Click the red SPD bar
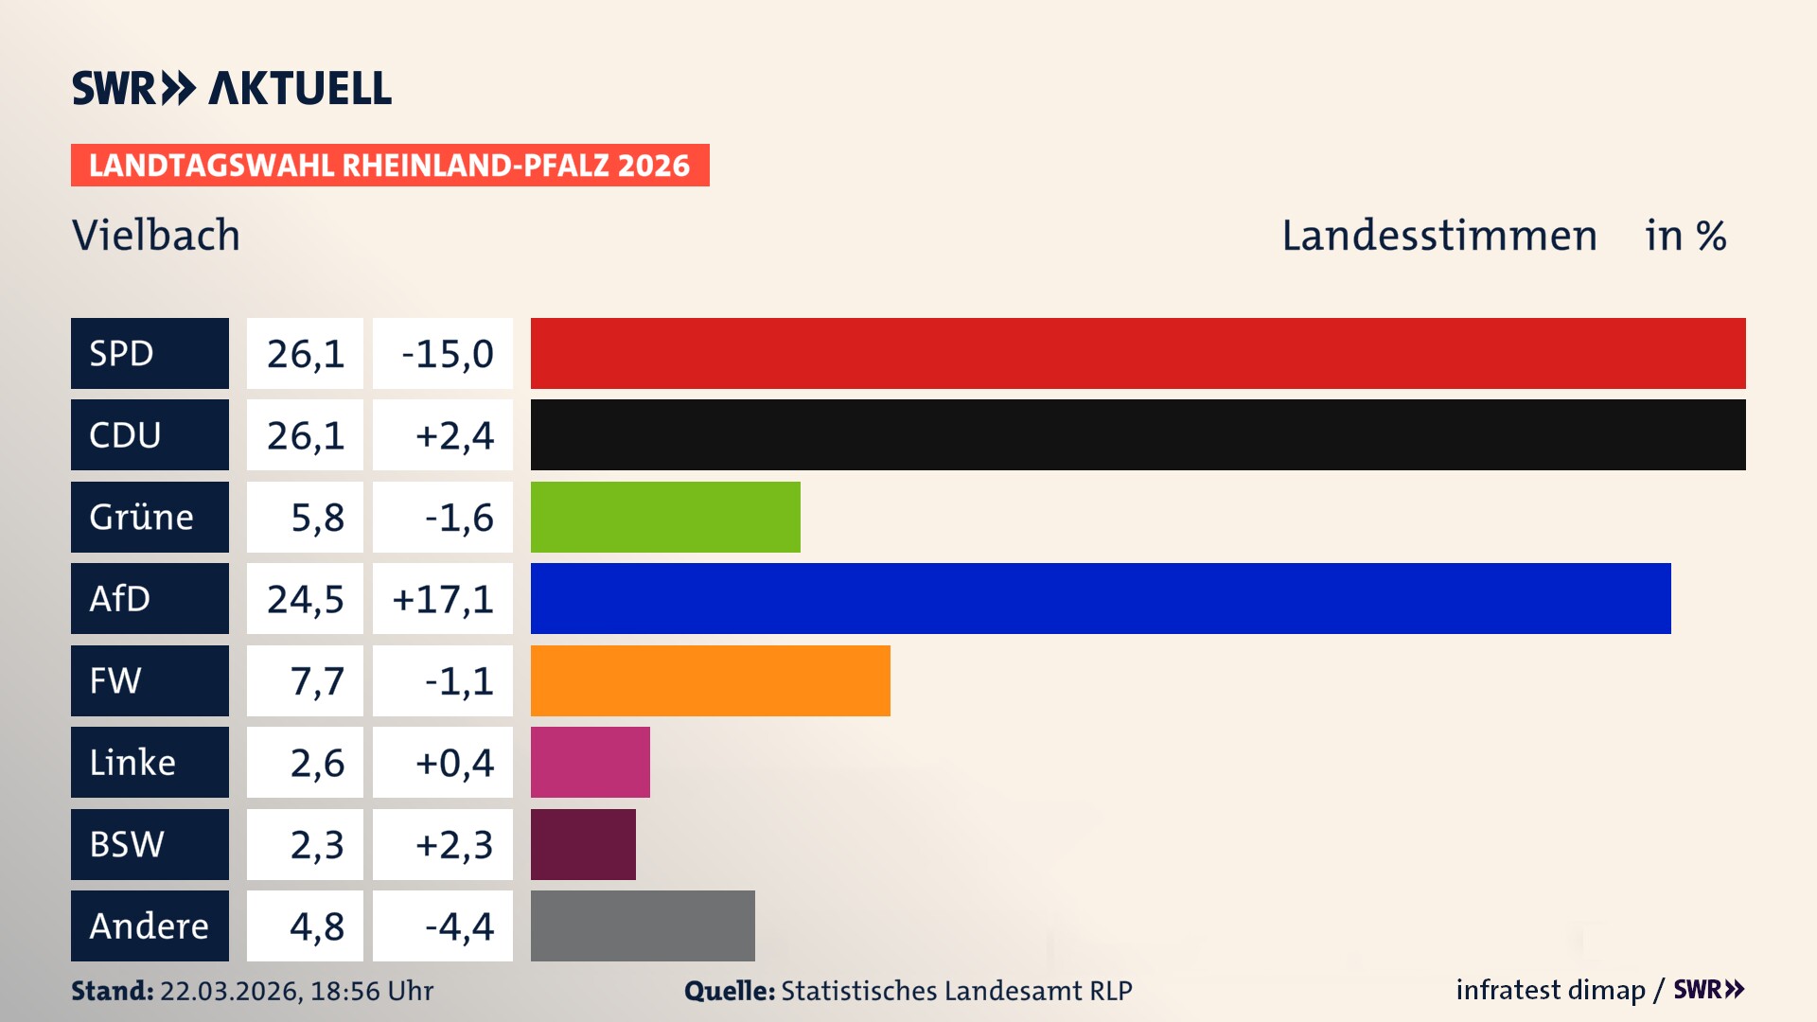pyautogui.click(x=1138, y=353)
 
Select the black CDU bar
pyautogui.click(x=1138, y=434)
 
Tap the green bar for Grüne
pyautogui.click(x=665, y=517)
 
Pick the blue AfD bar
pyautogui.click(x=1101, y=598)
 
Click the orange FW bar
pyautogui.click(x=710, y=680)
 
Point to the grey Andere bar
pyautogui.click(x=643, y=925)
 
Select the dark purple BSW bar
pyautogui.click(x=583, y=844)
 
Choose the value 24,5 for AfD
pyautogui.click(x=305, y=599)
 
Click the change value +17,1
pyautogui.click(x=443, y=599)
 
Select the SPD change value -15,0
pyautogui.click(x=447, y=354)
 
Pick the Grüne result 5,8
pyautogui.click(x=316, y=518)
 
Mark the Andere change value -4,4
pyautogui.click(x=458, y=926)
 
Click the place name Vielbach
pyautogui.click(x=156, y=236)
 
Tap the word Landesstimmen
pyautogui.click(x=1438, y=236)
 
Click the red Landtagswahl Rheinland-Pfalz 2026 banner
pyautogui.click(x=390, y=166)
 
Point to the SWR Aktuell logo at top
pyautogui.click(x=232, y=89)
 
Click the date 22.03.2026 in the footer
pyautogui.click(x=230, y=991)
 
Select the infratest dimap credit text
pyautogui.click(x=1550, y=990)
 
